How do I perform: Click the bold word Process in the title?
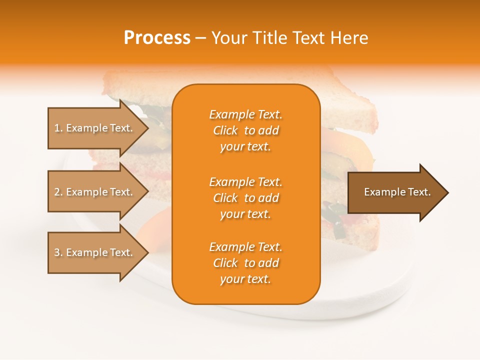click(157, 38)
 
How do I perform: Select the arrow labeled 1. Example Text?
click(94, 128)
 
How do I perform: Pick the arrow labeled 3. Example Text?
click(94, 253)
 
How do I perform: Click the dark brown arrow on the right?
click(395, 192)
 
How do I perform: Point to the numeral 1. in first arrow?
click(58, 128)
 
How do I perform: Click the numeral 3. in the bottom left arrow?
click(58, 253)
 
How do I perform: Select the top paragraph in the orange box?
click(245, 130)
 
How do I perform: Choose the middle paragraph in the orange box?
click(245, 198)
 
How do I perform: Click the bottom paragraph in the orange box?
click(245, 263)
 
